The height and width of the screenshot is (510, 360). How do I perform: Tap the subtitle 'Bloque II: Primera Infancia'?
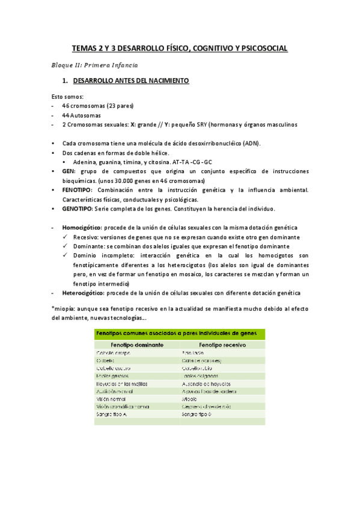(x=94, y=64)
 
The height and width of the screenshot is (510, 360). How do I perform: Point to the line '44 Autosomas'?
(x=81, y=115)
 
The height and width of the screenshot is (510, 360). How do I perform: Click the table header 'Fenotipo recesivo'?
(x=221, y=345)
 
